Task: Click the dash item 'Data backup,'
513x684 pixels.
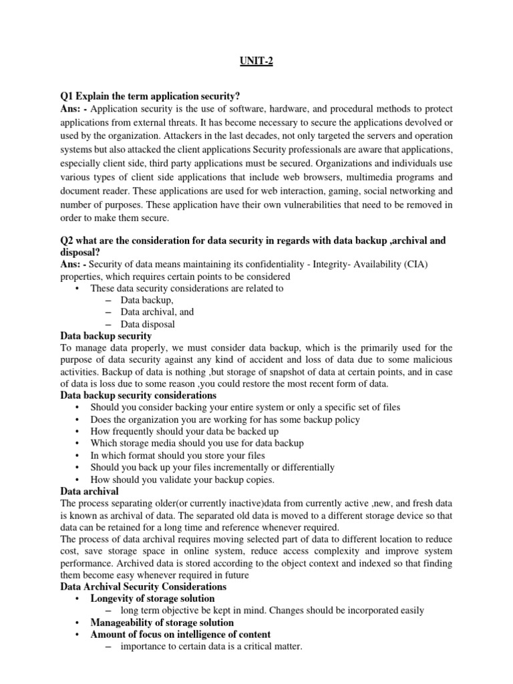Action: tap(147, 301)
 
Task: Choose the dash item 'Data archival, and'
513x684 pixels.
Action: tap(157, 312)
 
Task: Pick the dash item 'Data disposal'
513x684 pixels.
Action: tap(148, 324)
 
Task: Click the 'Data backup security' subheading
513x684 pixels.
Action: tap(106, 336)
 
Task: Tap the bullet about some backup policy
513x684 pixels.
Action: tap(225, 419)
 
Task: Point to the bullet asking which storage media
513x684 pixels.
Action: tap(197, 444)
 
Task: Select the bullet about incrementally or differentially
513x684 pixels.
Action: tap(212, 468)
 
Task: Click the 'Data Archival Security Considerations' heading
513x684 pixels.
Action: tap(143, 586)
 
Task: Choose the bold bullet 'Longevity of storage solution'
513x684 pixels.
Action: tap(152, 598)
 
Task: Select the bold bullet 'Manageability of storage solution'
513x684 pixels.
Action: tap(162, 623)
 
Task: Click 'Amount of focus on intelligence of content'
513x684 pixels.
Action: tap(180, 635)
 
